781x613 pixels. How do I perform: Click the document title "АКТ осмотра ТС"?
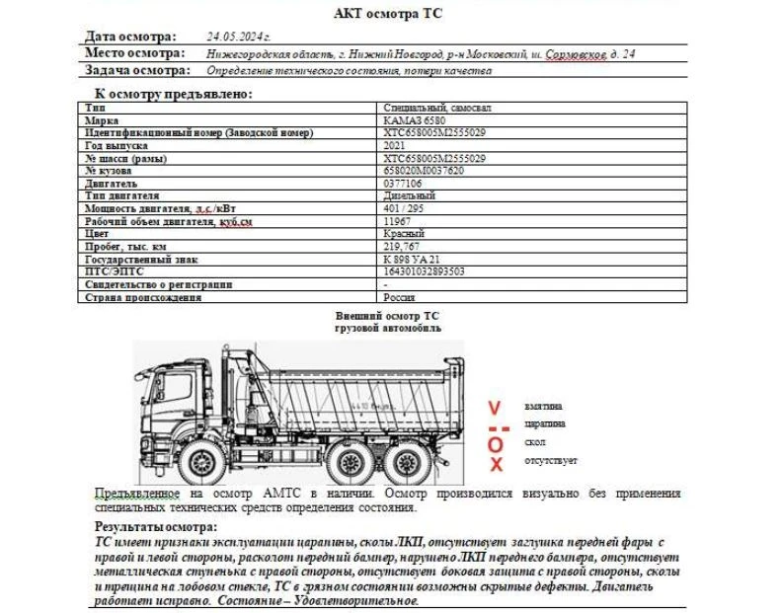click(x=388, y=13)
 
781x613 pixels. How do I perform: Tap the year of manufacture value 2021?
click(x=393, y=145)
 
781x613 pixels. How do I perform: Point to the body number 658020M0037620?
click(x=423, y=171)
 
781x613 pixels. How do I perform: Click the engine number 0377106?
click(x=402, y=184)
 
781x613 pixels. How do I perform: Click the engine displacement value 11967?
click(x=396, y=221)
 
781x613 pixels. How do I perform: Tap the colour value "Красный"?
click(x=403, y=234)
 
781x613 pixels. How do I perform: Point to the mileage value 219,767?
click(x=401, y=246)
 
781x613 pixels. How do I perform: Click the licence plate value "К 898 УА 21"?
click(x=411, y=259)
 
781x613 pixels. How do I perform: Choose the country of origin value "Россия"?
click(x=400, y=297)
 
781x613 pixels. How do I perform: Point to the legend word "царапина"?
click(x=545, y=424)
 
